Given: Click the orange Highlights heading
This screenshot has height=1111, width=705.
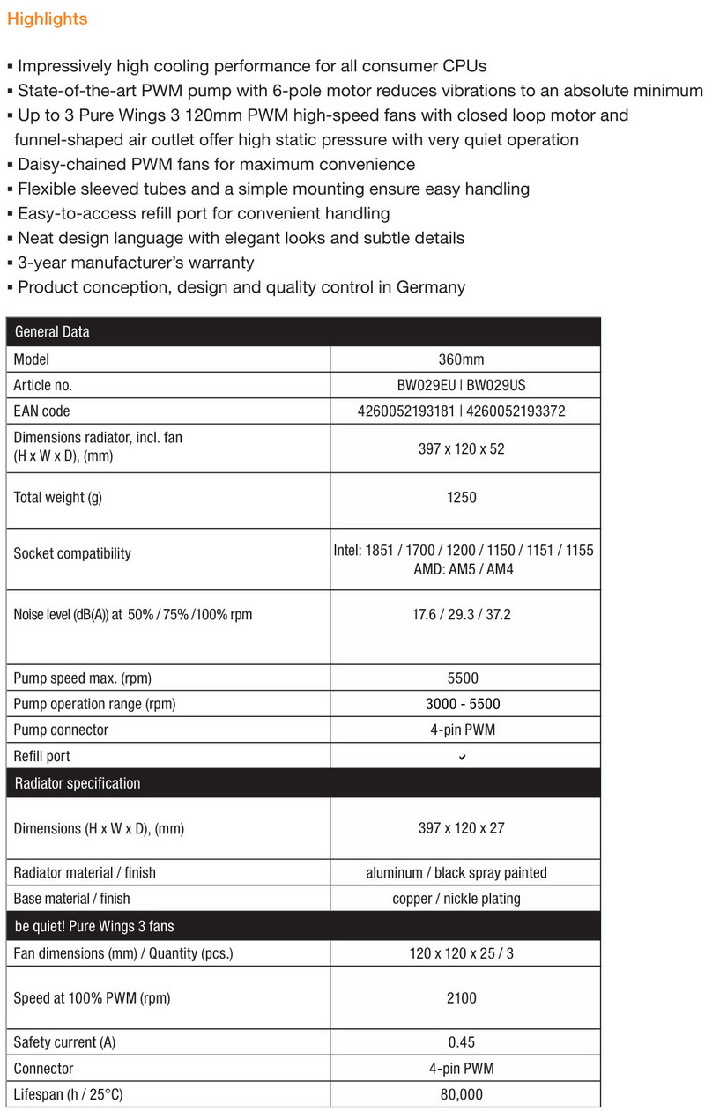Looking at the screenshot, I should point(48,19).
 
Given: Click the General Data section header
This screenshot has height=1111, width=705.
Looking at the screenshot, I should point(52,332).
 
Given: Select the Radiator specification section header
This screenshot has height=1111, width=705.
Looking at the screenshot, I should point(78,783).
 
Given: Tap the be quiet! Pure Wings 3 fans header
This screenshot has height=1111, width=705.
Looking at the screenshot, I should point(94,927).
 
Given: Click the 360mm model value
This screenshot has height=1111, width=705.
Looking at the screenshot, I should point(461,359).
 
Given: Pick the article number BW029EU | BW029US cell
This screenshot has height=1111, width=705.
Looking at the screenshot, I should point(462,385).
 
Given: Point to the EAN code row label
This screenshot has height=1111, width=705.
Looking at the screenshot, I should point(41,411).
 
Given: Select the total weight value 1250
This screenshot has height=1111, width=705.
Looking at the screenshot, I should point(462,498).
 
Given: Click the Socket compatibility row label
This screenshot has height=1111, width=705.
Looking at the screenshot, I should point(72,553).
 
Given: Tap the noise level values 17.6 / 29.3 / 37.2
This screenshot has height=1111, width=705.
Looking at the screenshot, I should point(462,614).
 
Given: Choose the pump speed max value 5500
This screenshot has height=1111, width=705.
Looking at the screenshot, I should point(463,678).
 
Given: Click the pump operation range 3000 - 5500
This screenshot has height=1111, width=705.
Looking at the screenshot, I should point(463,704).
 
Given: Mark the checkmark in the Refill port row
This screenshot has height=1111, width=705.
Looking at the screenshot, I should point(463,757).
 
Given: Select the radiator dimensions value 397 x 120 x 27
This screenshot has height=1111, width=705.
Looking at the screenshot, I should point(462,828).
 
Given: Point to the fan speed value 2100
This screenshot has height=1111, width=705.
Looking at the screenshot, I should point(462,998).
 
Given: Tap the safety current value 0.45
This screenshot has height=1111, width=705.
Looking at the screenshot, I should point(462,1042).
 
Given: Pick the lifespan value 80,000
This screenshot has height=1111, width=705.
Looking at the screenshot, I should point(462,1094).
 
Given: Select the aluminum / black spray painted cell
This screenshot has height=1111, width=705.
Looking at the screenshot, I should point(456,872).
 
